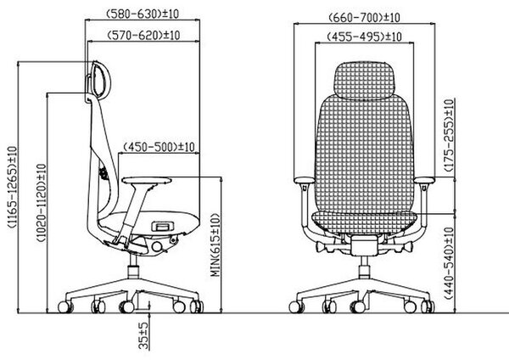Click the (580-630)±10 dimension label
coord(143,14)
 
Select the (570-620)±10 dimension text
coord(143,35)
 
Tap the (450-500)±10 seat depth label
coord(159,147)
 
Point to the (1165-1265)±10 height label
coord(13,187)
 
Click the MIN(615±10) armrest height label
coord(215,245)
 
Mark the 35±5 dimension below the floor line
coord(143,335)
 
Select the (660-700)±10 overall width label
coord(364,17)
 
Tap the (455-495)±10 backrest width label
coord(364,36)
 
